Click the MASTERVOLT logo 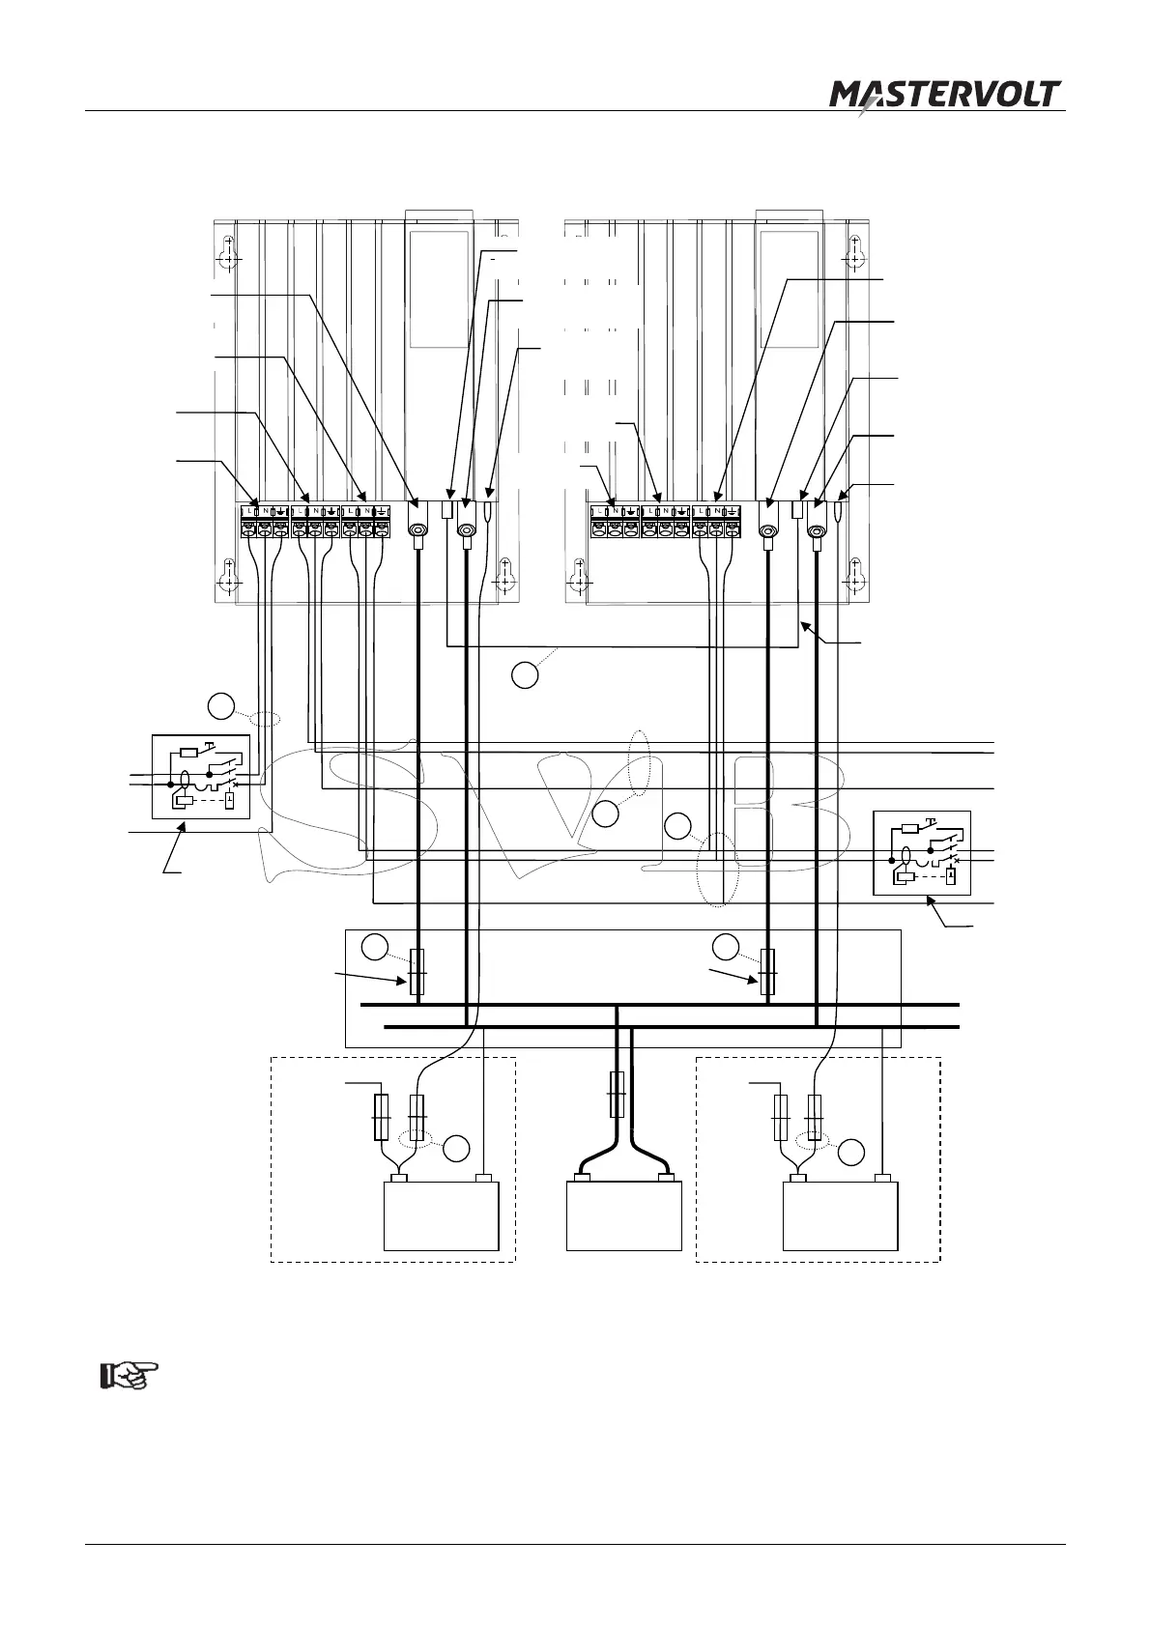coord(945,98)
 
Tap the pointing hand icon coord(129,1375)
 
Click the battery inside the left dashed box coord(442,1215)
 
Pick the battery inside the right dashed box coord(840,1215)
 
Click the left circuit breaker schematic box coord(201,777)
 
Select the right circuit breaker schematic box coord(921,853)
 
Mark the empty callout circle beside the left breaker coord(221,706)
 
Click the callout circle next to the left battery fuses coord(457,1150)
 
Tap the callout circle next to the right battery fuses coord(850,1153)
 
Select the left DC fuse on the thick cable coord(417,971)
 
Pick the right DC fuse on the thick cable coord(768,971)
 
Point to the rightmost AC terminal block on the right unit coord(716,523)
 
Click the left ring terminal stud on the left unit coord(418,530)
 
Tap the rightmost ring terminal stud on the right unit coord(817,530)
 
